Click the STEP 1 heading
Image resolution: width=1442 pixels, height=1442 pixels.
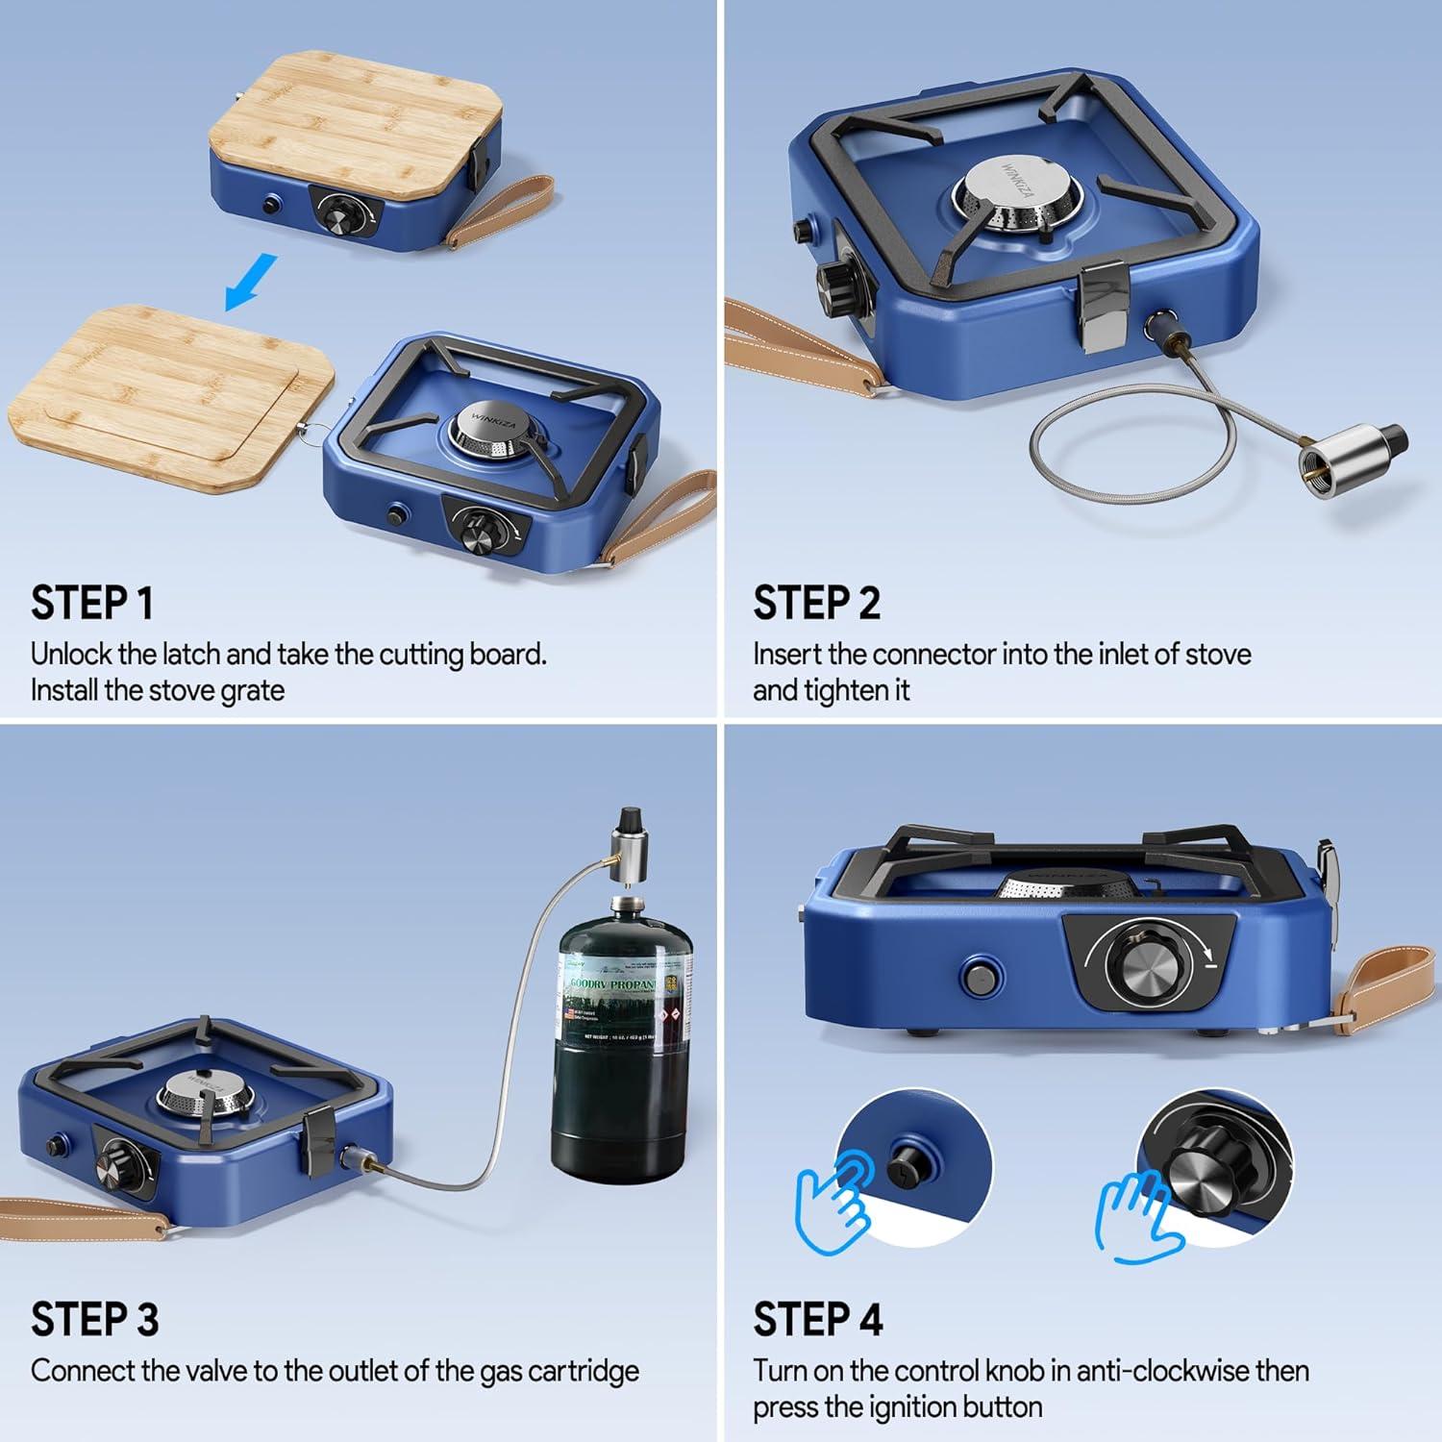tap(92, 604)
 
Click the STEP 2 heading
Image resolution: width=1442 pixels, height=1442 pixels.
tap(816, 604)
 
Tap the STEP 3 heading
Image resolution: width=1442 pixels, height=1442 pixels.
tap(94, 1320)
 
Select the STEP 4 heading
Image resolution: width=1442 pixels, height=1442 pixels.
tap(817, 1320)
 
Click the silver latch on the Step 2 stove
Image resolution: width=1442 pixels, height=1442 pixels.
tap(1099, 306)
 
